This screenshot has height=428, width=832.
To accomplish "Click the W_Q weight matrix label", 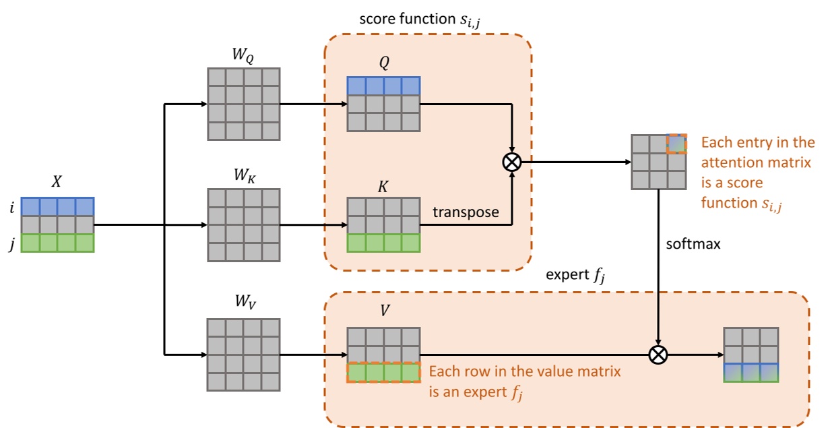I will click(243, 56).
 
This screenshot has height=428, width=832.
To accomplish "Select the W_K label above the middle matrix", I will click(243, 177).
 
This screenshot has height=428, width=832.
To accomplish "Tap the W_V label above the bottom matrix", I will click(243, 303).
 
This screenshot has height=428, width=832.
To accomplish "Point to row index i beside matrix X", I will click(11, 207).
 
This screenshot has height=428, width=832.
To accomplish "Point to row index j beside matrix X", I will click(11, 244).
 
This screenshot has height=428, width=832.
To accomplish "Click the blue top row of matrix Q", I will click(383, 86).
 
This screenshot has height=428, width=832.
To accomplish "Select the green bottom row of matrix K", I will click(383, 243).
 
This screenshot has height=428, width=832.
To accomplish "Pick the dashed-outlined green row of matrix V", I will click(383, 373).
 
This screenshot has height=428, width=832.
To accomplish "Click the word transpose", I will click(466, 212).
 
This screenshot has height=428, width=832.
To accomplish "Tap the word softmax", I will click(693, 244).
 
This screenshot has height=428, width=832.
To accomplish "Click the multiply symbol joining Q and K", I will click(513, 162).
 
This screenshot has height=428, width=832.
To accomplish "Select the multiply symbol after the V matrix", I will click(658, 355).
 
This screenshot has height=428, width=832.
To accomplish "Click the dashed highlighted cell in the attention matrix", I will click(676, 144).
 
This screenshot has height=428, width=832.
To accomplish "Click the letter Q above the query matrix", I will click(383, 63).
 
